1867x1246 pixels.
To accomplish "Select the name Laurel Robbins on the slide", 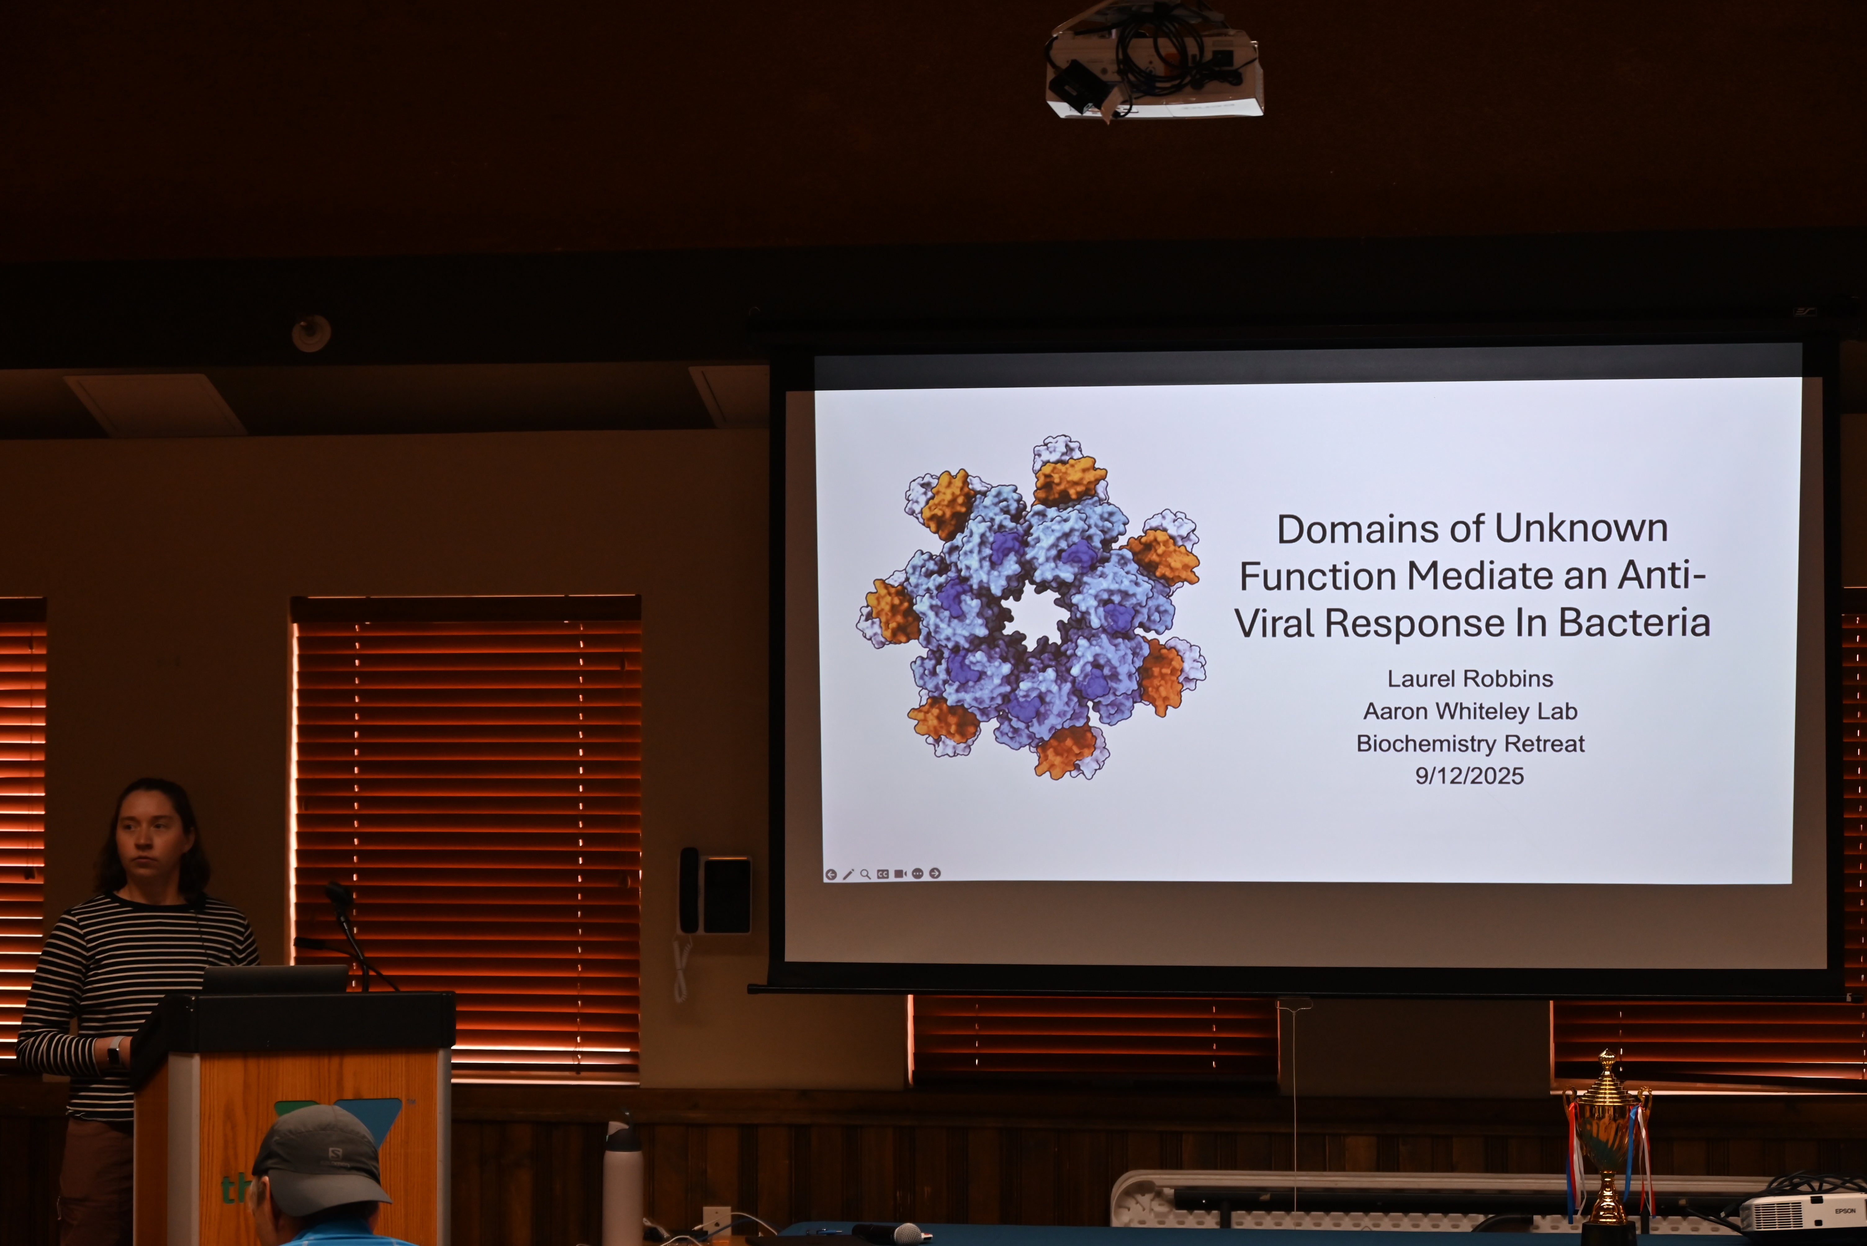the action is pos(1469,679).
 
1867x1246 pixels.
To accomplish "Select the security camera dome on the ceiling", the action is pos(311,333).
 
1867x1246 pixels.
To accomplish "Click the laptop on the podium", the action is pos(275,979).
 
